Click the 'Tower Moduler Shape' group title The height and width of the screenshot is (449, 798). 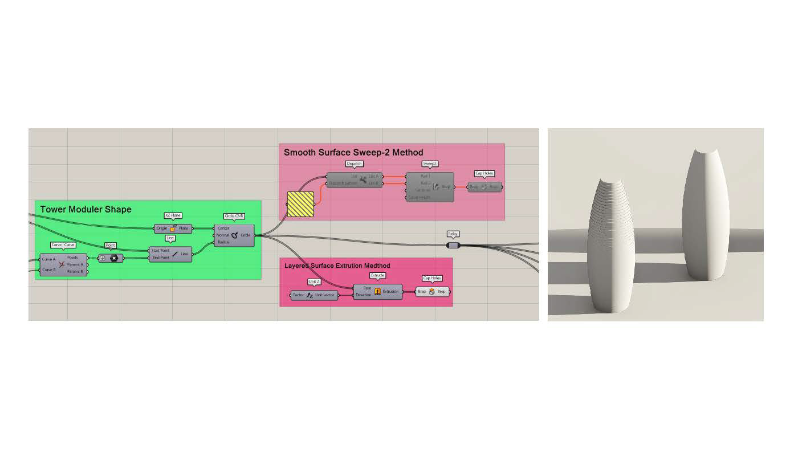pyautogui.click(x=85, y=210)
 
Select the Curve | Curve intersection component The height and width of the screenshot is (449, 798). pyautogui.click(x=63, y=265)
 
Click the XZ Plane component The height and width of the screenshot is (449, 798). pyautogui.click(x=173, y=228)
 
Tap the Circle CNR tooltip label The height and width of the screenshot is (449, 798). pyautogui.click(x=234, y=217)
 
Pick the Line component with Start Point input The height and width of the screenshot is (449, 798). pyautogui.click(x=170, y=254)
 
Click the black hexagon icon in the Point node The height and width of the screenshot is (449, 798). pyautogui.click(x=114, y=258)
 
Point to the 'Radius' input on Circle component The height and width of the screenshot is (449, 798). pyautogui.click(x=223, y=242)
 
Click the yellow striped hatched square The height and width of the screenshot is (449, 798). pyautogui.click(x=300, y=204)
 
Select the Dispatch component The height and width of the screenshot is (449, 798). pyautogui.click(x=354, y=180)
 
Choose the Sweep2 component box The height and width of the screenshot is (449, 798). pyautogui.click(x=430, y=187)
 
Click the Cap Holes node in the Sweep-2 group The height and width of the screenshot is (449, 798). pyautogui.click(x=484, y=187)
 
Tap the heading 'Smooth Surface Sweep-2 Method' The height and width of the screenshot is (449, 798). pyautogui.click(x=353, y=152)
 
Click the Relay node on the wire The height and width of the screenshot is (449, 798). pyautogui.click(x=453, y=245)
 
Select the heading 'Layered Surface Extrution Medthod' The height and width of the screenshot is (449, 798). pyautogui.click(x=337, y=266)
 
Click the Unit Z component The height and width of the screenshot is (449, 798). pyautogui.click(x=314, y=295)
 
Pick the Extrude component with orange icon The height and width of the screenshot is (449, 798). pyautogui.click(x=377, y=292)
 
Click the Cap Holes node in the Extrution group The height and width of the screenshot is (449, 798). pyautogui.click(x=432, y=292)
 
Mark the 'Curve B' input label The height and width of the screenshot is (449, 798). pyautogui.click(x=49, y=270)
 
